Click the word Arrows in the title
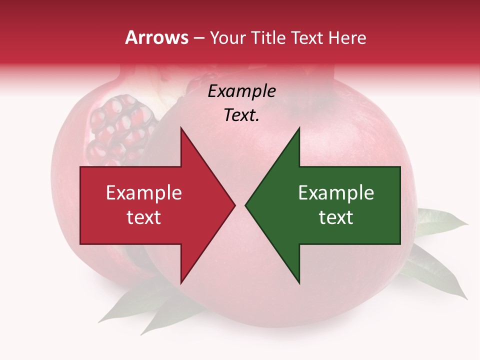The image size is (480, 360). tap(157, 38)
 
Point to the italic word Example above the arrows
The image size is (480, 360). tap(241, 91)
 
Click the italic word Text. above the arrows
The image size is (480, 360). tap(241, 115)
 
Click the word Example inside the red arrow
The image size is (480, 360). tap(143, 193)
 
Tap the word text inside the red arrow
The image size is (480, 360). tap(143, 217)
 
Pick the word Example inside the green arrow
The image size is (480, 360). tap(336, 193)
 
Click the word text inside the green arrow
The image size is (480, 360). tap(336, 217)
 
